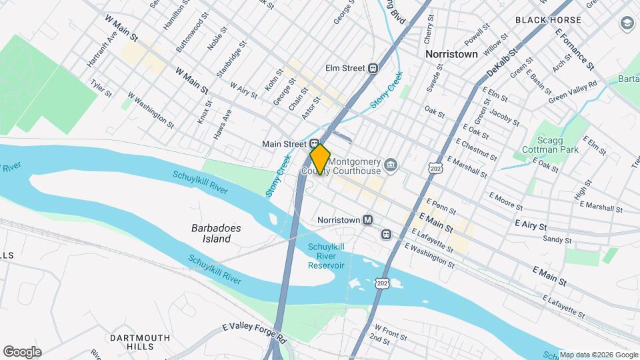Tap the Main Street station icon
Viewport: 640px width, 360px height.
point(313,143)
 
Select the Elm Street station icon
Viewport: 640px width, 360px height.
point(373,68)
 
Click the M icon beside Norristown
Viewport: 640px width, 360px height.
point(367,219)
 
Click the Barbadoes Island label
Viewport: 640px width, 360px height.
point(215,233)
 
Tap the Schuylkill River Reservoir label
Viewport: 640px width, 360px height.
point(326,256)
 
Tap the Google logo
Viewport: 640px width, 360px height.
point(22,352)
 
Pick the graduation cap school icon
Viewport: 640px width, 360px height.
point(627,23)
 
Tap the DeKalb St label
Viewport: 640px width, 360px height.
point(503,62)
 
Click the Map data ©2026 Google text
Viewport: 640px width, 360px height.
point(599,355)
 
